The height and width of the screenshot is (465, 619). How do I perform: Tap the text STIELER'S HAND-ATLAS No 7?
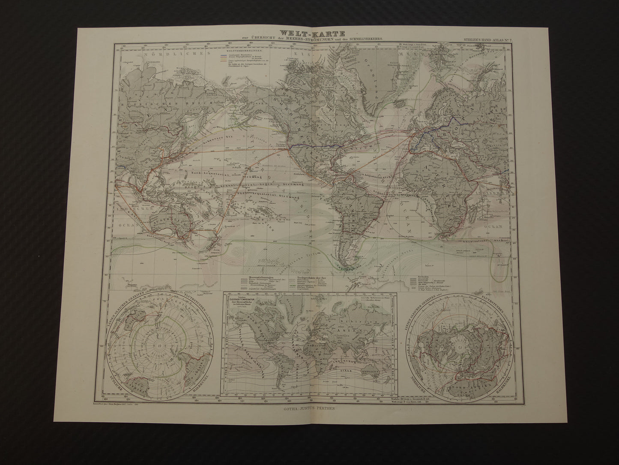point(484,39)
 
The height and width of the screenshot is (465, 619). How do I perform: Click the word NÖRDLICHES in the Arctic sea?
point(162,54)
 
